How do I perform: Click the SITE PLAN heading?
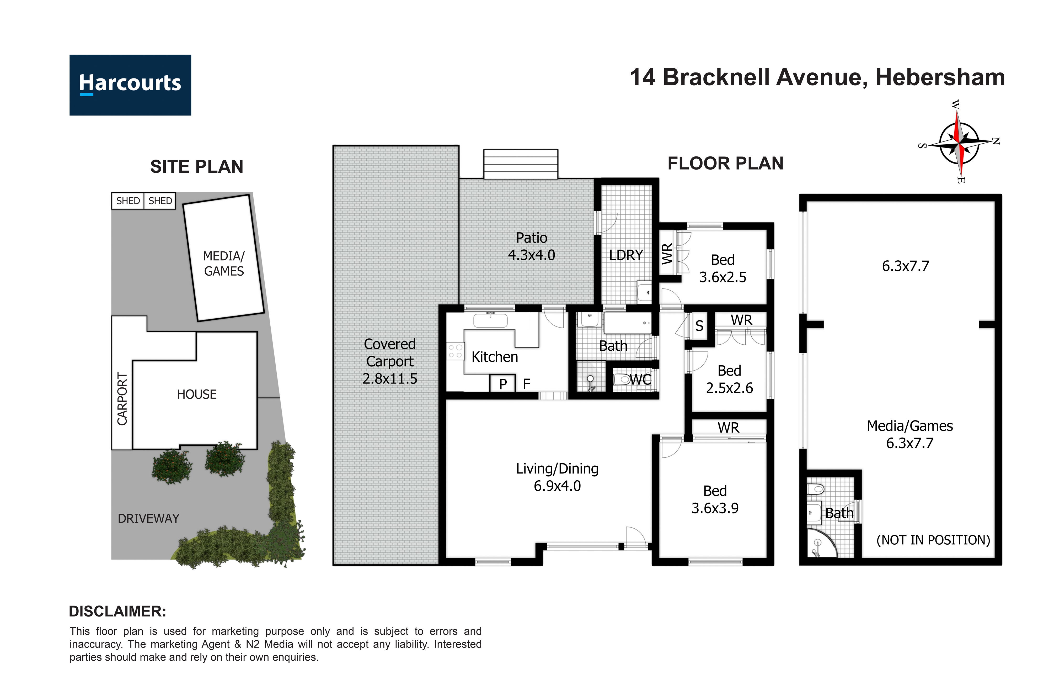tap(197, 166)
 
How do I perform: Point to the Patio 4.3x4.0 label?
tap(532, 246)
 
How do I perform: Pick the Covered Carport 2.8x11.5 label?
tap(390, 361)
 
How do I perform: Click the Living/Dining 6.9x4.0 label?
tap(557, 477)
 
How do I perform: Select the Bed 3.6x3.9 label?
tap(715, 499)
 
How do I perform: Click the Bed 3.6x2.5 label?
tap(722, 268)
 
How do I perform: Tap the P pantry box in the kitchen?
tap(503, 383)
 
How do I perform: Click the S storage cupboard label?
tap(699, 326)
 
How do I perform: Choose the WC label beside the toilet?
tap(640, 380)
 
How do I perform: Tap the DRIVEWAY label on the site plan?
tap(148, 518)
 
